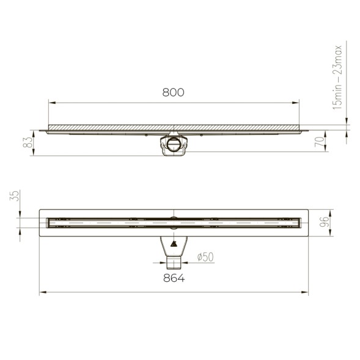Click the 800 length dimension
pyautogui.click(x=173, y=93)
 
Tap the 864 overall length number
pyautogui.click(x=174, y=278)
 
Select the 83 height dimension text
pyautogui.click(x=27, y=142)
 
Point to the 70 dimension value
pyautogui.click(x=319, y=143)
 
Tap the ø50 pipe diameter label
pyautogui.click(x=205, y=258)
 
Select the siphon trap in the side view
pyautogui.click(x=174, y=146)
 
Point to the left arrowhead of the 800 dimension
pyautogui.click(x=50, y=103)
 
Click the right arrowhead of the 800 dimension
pyautogui.click(x=298, y=103)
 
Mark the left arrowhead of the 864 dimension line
pyautogui.click(x=42, y=293)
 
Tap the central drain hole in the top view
pyautogui.click(x=174, y=219)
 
